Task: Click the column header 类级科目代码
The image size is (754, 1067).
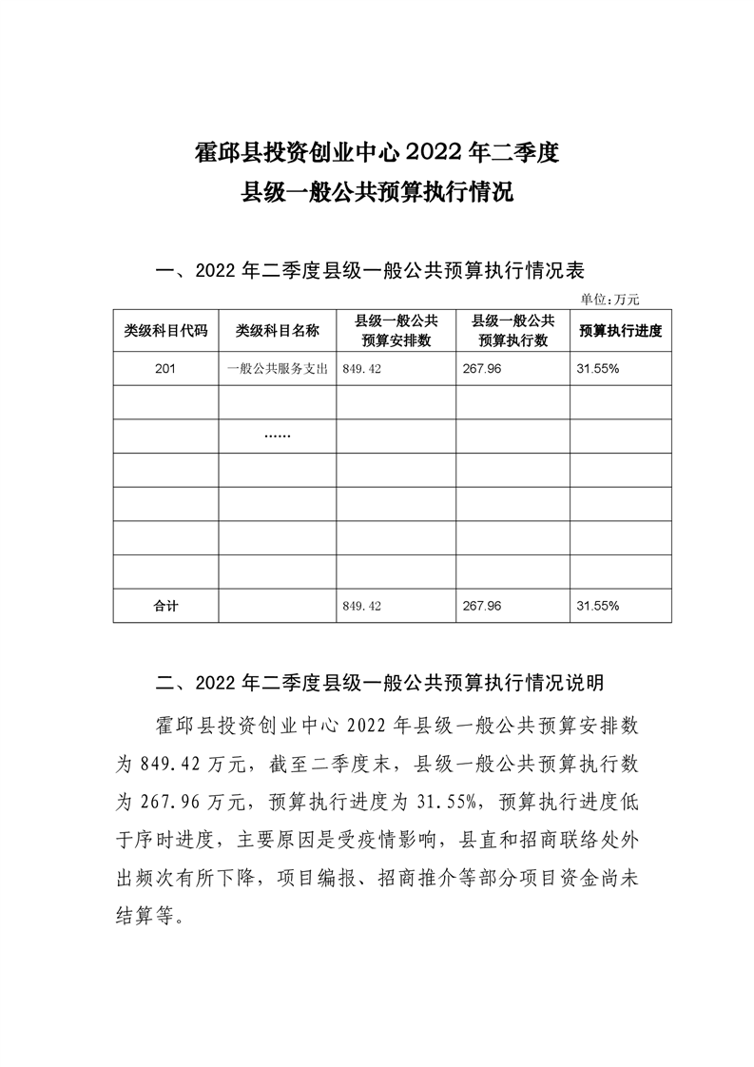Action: point(165,331)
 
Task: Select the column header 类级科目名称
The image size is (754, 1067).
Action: point(277,331)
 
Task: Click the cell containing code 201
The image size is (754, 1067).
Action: point(165,369)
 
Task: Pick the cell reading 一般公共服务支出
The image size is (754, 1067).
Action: point(277,369)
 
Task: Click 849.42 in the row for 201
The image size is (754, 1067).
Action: point(361,369)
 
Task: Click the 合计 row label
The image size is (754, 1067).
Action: point(165,605)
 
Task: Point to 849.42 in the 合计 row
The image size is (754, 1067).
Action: point(361,605)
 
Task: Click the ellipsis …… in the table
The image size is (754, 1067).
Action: point(277,436)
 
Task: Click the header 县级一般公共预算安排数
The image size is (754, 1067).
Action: point(396,331)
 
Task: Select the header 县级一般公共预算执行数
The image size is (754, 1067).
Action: point(513,331)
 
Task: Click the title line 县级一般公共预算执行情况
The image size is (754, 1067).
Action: point(377,192)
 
